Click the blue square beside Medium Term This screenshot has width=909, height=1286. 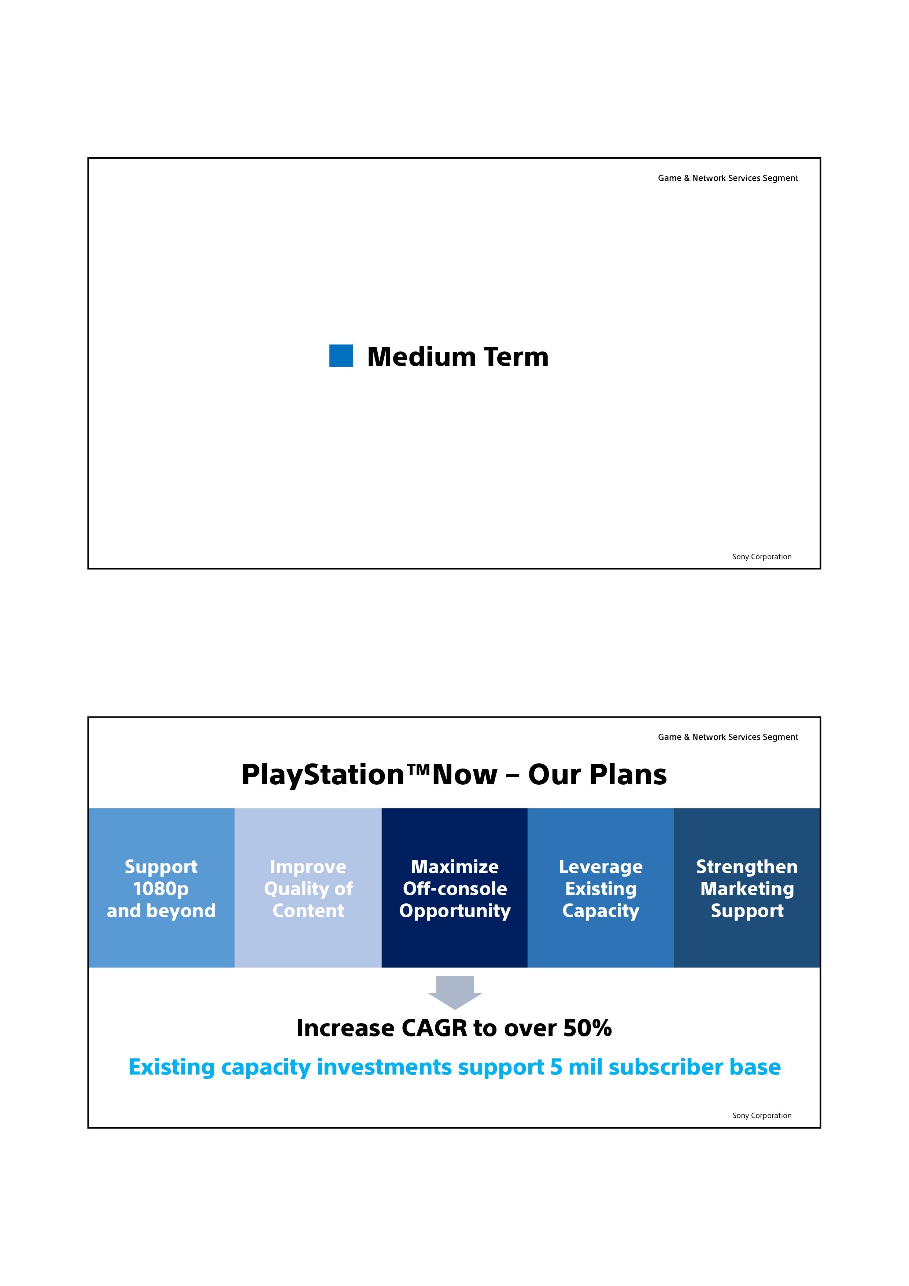(341, 355)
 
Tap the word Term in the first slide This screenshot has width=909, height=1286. (516, 357)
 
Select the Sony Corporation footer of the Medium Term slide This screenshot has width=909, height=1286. (762, 557)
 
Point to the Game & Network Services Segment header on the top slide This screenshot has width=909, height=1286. (728, 178)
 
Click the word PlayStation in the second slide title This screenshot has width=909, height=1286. (323, 775)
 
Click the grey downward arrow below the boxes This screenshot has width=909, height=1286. (455, 992)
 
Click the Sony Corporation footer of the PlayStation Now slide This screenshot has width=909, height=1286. (762, 1116)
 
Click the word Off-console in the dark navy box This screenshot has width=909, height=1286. (455, 889)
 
